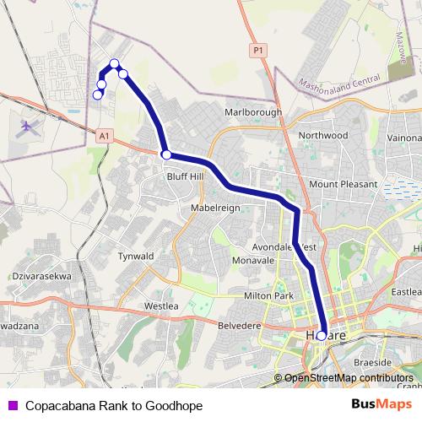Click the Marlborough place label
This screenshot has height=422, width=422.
(253, 111)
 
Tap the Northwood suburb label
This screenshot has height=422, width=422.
(322, 135)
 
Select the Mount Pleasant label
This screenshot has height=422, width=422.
(340, 183)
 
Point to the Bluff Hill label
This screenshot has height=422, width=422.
(185, 176)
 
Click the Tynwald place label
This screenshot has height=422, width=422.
(136, 255)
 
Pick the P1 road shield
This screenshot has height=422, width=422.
(257, 51)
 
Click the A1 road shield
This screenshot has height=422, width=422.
(104, 135)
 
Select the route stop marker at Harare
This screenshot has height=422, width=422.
(322, 335)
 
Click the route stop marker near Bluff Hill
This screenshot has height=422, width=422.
(167, 154)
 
